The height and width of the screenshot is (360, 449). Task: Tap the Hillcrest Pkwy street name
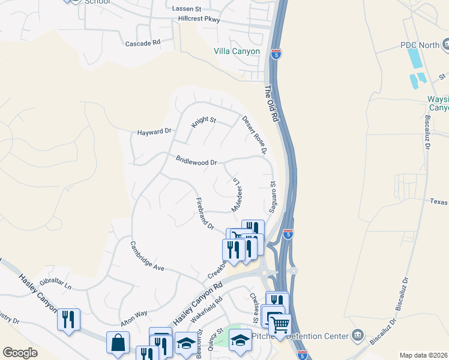[199, 19]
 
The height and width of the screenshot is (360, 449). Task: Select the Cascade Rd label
[143, 43]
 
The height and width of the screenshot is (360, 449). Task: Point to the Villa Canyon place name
[237, 52]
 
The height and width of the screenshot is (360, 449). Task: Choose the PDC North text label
[420, 45]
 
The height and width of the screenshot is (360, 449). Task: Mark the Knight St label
[203, 122]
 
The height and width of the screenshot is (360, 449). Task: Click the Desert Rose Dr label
[254, 136]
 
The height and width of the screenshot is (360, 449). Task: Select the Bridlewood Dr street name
[196, 161]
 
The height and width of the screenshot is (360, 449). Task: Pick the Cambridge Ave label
[147, 256]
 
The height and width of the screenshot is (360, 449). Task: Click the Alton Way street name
[133, 317]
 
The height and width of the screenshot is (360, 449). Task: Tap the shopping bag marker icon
[118, 343]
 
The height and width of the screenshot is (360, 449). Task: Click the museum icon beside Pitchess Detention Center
[358, 334]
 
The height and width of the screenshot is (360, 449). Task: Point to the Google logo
[20, 353]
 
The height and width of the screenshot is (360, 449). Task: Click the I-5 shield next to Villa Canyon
[276, 53]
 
